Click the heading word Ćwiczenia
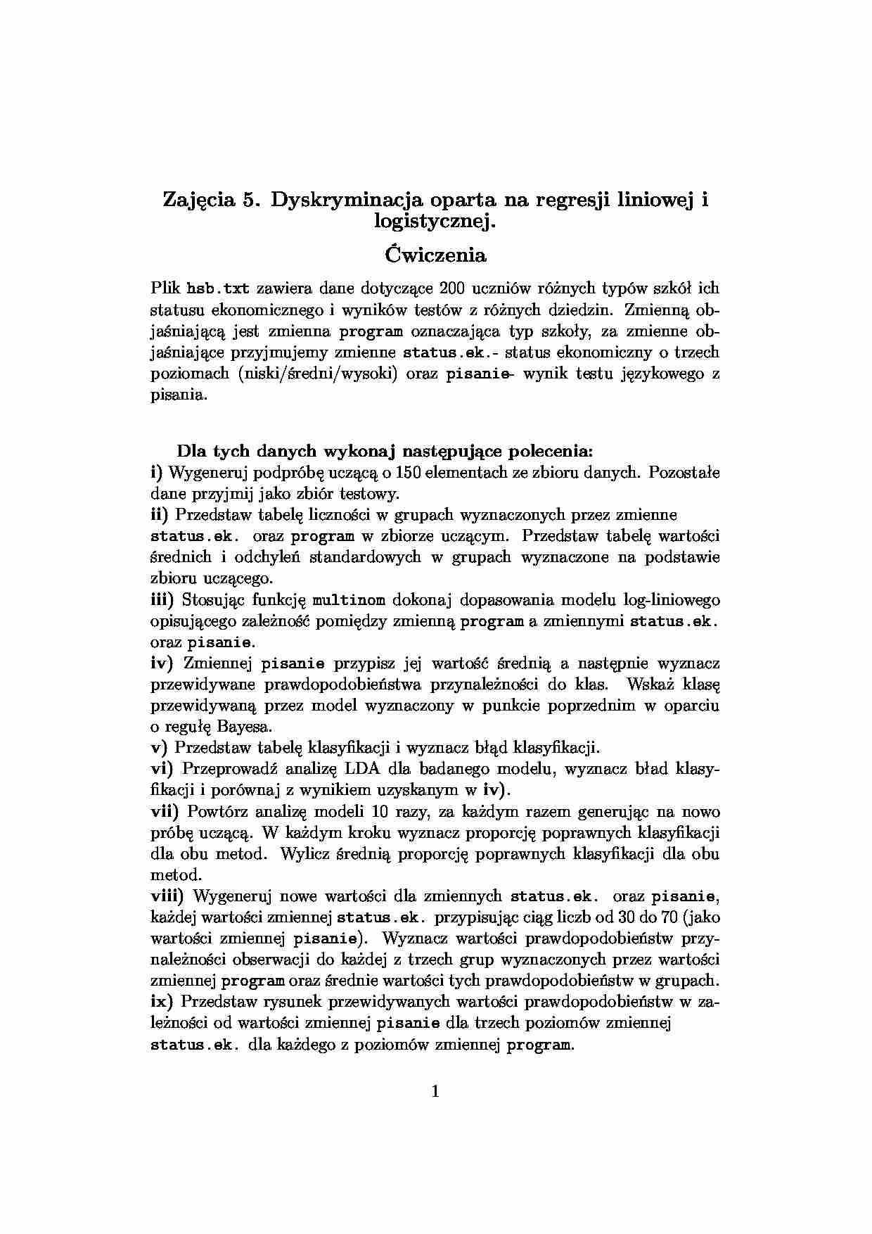pyautogui.click(x=435, y=254)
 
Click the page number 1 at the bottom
pyautogui.click(x=435, y=1092)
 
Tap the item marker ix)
pyautogui.click(x=162, y=1001)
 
